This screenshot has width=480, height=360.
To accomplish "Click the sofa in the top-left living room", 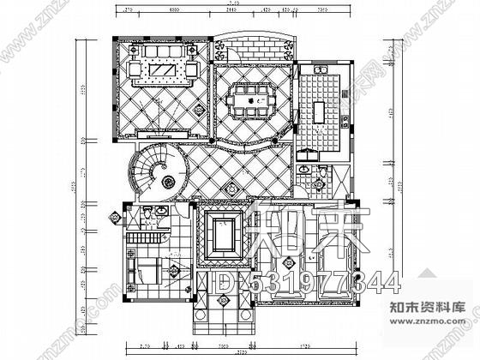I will (x=160, y=51).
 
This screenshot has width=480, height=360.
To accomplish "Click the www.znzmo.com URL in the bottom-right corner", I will (x=435, y=345).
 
